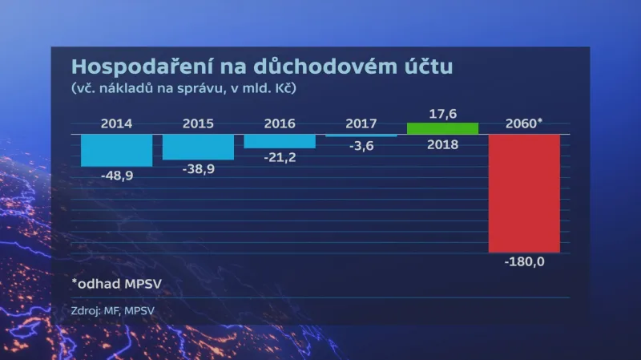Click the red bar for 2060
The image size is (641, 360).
[x=524, y=192]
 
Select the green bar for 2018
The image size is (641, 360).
[x=442, y=128]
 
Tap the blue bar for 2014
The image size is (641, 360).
[x=117, y=150]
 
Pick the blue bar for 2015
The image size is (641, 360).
[x=198, y=147]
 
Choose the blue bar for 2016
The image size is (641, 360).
[x=280, y=140]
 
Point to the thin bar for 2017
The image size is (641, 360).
[x=361, y=136]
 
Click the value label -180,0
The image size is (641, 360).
[x=524, y=261]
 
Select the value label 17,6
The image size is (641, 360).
[x=442, y=114]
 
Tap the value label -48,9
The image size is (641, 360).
[x=117, y=176]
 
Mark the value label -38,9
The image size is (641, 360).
[x=198, y=169]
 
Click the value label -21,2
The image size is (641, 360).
[x=280, y=157]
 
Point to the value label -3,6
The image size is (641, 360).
[x=361, y=146]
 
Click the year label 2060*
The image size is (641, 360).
[x=525, y=123]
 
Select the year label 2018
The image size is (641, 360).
[x=442, y=144]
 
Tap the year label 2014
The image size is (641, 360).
[x=117, y=123]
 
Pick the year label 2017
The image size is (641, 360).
[x=361, y=123]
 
